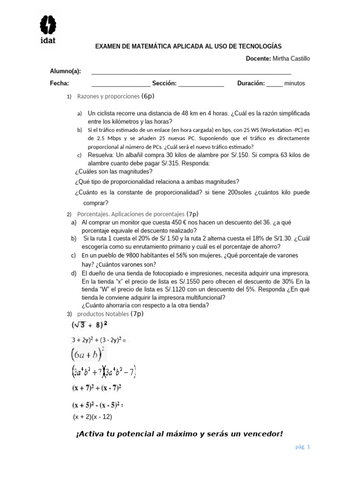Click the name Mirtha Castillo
pos(291,59)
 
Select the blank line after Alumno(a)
pos(191,72)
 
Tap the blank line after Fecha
pos(120,84)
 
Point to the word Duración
pos(251,83)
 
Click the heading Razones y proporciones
pos(108,96)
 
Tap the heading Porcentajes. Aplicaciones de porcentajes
pos(131,214)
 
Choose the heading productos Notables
pos(103,313)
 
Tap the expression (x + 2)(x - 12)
pos(92,416)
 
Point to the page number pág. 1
pos(302,447)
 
